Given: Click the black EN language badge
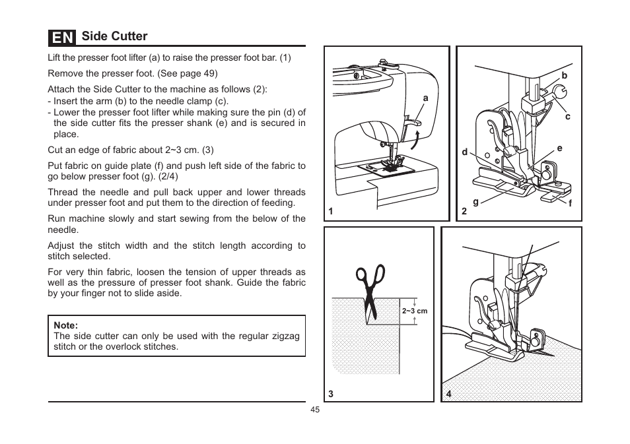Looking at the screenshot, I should pos(61,37).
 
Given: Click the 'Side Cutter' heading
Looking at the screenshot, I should pos(114,36).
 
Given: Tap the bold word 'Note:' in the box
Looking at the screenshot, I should pos(66,325).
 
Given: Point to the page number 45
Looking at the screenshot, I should pos(315,410).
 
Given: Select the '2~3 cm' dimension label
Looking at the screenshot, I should pos(415,311).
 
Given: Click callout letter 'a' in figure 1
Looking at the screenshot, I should pos(426,98).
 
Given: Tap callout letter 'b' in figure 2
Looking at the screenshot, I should pos(565,76).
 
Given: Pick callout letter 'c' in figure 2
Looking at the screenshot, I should pos(567,117).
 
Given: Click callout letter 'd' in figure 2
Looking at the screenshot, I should pos(465,152).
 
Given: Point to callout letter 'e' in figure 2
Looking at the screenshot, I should pos(559,148).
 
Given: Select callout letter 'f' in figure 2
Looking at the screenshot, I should pos(570,205).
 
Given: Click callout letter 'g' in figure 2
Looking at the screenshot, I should pos(475,203).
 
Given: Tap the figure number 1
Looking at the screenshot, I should pos(332,211).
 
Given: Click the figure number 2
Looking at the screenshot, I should pos(464,211).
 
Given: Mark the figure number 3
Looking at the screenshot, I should pos(331,394).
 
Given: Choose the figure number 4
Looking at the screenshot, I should pos(448,394).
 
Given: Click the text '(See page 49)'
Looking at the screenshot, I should pos(188,73).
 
